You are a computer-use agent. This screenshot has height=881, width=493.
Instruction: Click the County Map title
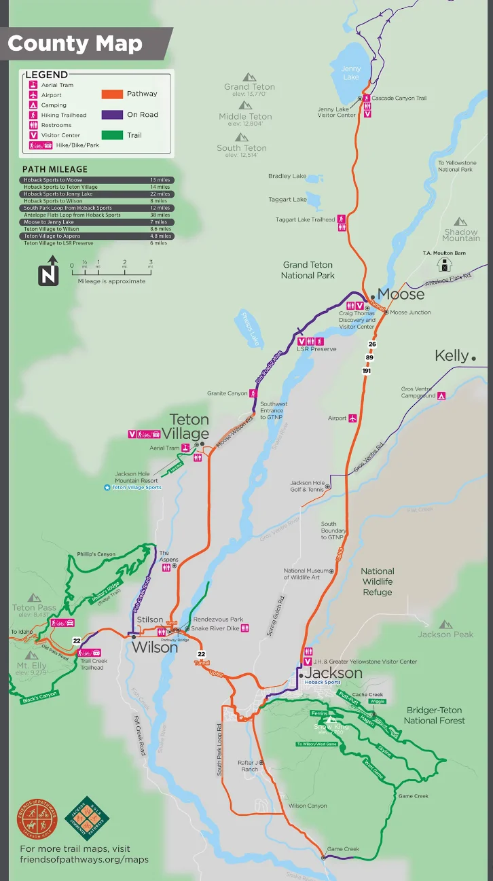(x=75, y=43)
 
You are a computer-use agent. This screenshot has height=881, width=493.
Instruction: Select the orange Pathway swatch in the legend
(x=112, y=94)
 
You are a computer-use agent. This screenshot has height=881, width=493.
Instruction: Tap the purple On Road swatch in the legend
(x=112, y=115)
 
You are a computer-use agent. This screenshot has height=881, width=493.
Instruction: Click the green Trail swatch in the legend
(x=112, y=135)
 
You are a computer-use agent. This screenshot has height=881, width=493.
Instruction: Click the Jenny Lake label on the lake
(x=351, y=73)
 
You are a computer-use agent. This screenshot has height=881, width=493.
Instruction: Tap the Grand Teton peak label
(x=249, y=87)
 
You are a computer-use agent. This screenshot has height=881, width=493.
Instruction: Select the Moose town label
(x=401, y=294)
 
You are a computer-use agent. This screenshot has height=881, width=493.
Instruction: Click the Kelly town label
(x=452, y=355)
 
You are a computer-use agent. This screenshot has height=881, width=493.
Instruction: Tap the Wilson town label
(x=155, y=647)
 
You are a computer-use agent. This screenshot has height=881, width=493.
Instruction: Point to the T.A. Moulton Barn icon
(x=445, y=265)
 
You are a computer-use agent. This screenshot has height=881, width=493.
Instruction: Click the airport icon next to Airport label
(x=353, y=418)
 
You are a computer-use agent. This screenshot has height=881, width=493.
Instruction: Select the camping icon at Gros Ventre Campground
(x=441, y=395)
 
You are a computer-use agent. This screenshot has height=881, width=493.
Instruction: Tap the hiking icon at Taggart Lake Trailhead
(x=342, y=219)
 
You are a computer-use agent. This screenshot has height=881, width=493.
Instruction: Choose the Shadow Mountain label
(x=461, y=234)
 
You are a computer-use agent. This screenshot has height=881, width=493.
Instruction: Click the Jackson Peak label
(x=445, y=634)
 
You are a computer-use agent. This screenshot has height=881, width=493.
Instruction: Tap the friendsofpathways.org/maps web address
(x=84, y=859)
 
